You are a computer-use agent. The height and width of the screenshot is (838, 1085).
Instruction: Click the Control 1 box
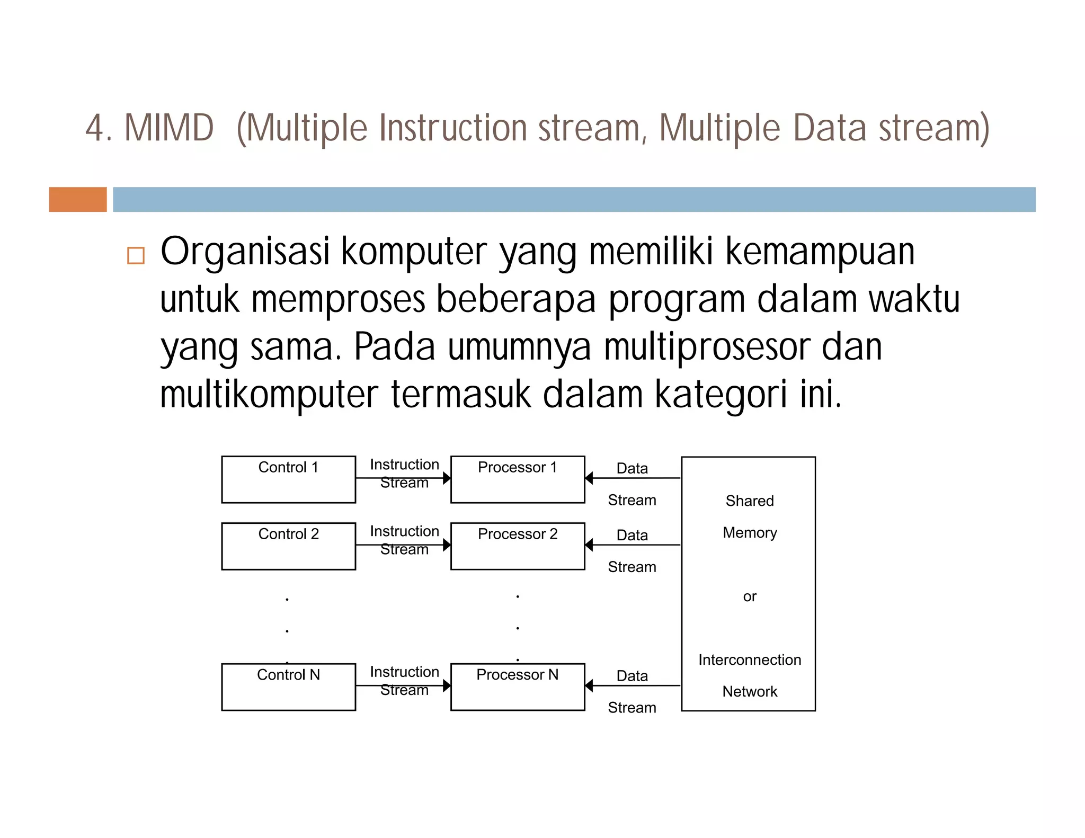tap(288, 479)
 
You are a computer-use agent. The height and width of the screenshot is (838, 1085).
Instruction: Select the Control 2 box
tap(288, 546)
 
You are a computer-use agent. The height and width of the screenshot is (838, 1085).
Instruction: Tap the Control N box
tap(288, 687)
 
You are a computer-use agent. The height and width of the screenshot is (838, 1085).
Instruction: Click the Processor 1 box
tap(518, 479)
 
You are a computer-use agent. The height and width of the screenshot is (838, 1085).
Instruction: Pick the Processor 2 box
tap(518, 546)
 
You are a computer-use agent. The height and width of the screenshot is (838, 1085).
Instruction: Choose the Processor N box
tap(518, 687)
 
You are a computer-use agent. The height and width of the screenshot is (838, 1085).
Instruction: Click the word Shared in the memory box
tap(749, 501)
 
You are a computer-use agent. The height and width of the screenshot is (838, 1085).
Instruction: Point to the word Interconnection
tap(749, 659)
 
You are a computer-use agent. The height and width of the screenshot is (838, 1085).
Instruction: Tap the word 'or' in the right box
tap(749, 596)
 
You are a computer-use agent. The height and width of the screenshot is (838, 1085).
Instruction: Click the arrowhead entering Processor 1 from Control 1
tap(447, 478)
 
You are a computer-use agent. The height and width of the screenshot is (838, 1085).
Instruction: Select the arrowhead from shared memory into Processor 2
tap(589, 545)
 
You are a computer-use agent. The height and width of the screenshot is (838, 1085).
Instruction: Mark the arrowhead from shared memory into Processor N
tap(589, 686)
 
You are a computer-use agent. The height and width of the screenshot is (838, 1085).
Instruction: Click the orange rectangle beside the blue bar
tap(78, 200)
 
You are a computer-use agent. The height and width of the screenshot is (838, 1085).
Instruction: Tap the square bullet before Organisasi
tap(136, 255)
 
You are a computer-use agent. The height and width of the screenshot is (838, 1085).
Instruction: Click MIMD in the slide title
tap(168, 128)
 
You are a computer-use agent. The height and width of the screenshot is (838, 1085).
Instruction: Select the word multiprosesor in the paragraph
tap(707, 347)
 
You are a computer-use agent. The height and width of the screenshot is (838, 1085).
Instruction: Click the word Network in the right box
tap(749, 691)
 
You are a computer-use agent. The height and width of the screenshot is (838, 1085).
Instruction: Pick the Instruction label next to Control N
tap(404, 672)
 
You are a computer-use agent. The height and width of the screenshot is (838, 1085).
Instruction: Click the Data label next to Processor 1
tap(632, 468)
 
